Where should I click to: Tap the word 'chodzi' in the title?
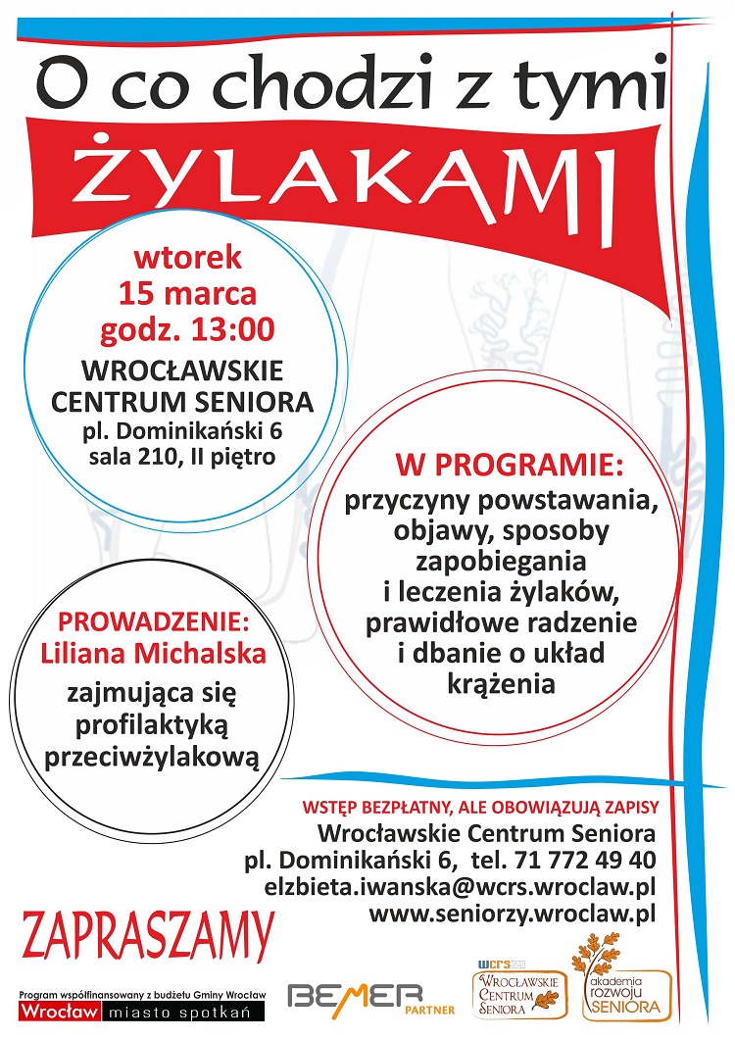[x=322, y=86]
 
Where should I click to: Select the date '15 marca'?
[x=187, y=293]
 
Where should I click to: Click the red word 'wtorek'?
[x=187, y=259]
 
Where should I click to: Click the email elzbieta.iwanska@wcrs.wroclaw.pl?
[x=460, y=887]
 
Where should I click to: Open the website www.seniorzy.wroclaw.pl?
[x=511, y=915]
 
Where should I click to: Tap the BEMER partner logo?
[x=354, y=997]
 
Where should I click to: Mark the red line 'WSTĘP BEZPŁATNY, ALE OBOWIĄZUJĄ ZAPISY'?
[x=479, y=807]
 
